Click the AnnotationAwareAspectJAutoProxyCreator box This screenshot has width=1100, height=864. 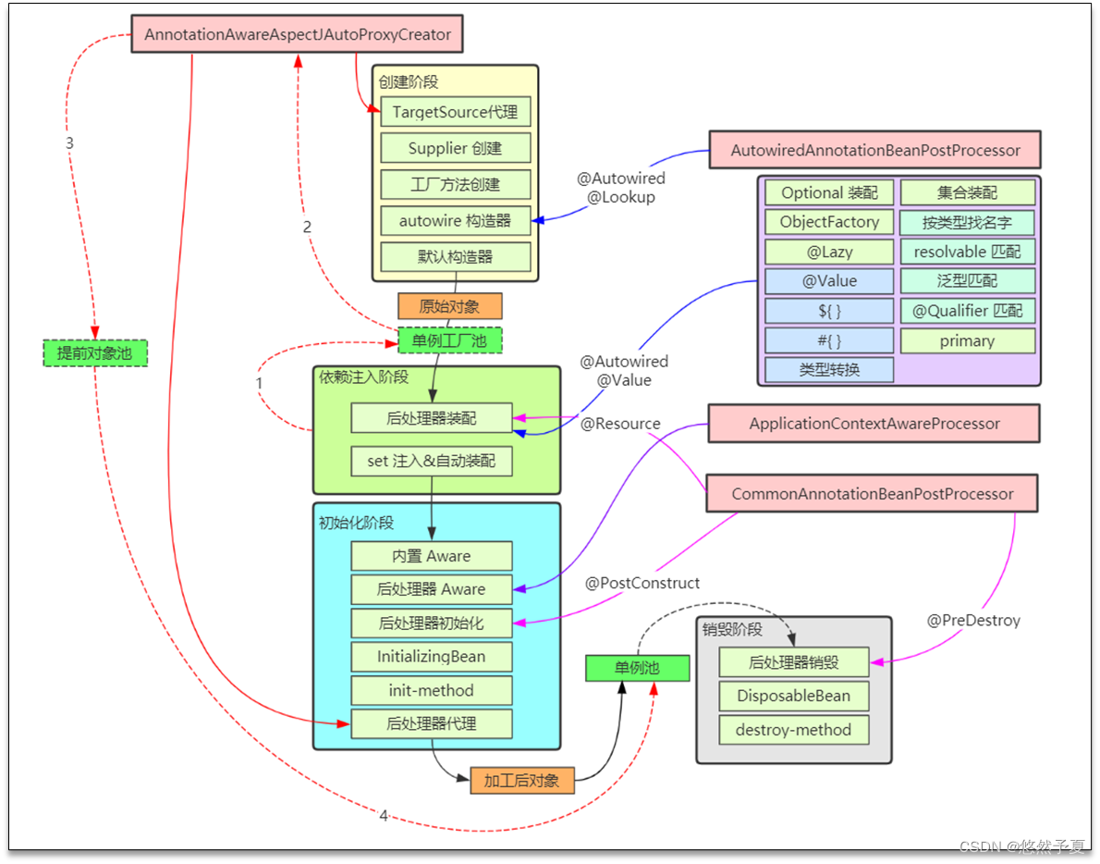297,34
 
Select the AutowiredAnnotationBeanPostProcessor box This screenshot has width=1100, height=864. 874,150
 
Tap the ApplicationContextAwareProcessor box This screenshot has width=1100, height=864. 874,424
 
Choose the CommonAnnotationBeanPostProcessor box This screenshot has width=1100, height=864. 872,494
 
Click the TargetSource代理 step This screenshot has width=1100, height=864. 456,112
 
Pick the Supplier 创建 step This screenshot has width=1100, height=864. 456,148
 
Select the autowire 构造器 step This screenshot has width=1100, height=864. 456,221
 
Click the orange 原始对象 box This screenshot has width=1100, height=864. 450,306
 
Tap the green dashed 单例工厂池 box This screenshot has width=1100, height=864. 450,340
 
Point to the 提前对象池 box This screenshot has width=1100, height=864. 95,353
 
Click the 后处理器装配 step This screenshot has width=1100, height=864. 432,418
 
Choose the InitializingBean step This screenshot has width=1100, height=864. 432,657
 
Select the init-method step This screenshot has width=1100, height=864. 432,690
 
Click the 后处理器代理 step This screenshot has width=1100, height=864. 432,723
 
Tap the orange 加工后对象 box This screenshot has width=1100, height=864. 521,781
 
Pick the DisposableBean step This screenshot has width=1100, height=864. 794,696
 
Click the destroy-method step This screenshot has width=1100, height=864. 794,730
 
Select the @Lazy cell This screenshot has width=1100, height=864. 829,252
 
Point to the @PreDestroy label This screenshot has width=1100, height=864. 973,621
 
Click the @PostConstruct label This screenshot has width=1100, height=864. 642,584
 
